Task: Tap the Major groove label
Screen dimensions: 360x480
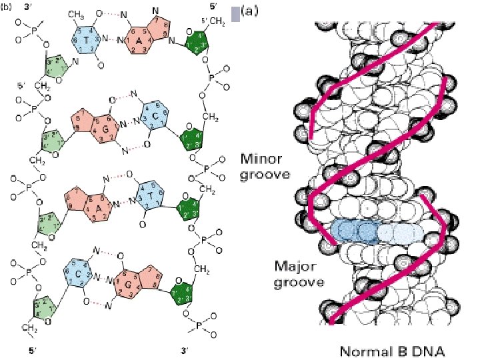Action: pyautogui.click(x=299, y=274)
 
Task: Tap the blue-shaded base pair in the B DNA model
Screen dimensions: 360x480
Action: pyautogui.click(x=376, y=231)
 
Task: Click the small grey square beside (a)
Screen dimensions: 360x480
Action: pyautogui.click(x=233, y=12)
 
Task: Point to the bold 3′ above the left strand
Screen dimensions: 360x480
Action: pyautogui.click(x=28, y=7)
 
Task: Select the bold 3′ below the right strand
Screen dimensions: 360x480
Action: pyautogui.click(x=184, y=349)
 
